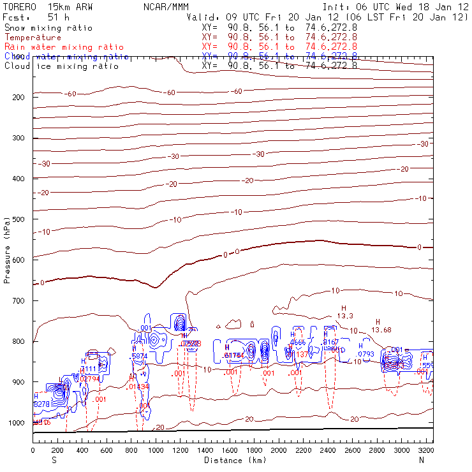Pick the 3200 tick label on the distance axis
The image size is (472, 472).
click(426, 450)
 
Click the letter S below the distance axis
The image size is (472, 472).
click(54, 460)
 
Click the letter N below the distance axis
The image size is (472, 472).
click(421, 460)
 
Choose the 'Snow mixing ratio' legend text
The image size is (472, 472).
click(48, 28)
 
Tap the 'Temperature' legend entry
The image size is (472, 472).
click(33, 38)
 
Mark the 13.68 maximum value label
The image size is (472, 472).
click(381, 329)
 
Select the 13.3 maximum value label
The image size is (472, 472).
click(345, 316)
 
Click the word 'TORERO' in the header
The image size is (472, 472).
click(18, 7)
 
